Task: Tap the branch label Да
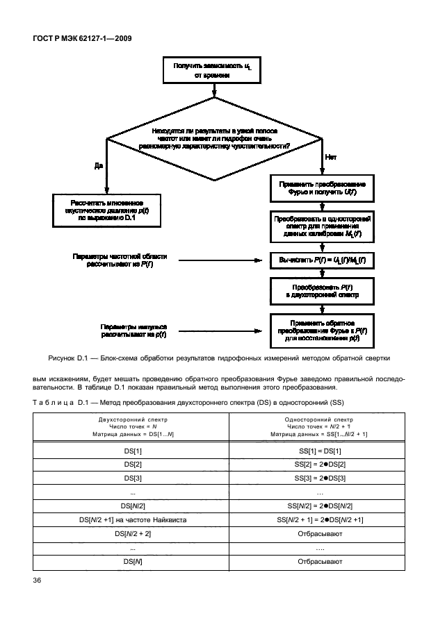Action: (98, 165)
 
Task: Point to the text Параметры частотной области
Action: (120, 260)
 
